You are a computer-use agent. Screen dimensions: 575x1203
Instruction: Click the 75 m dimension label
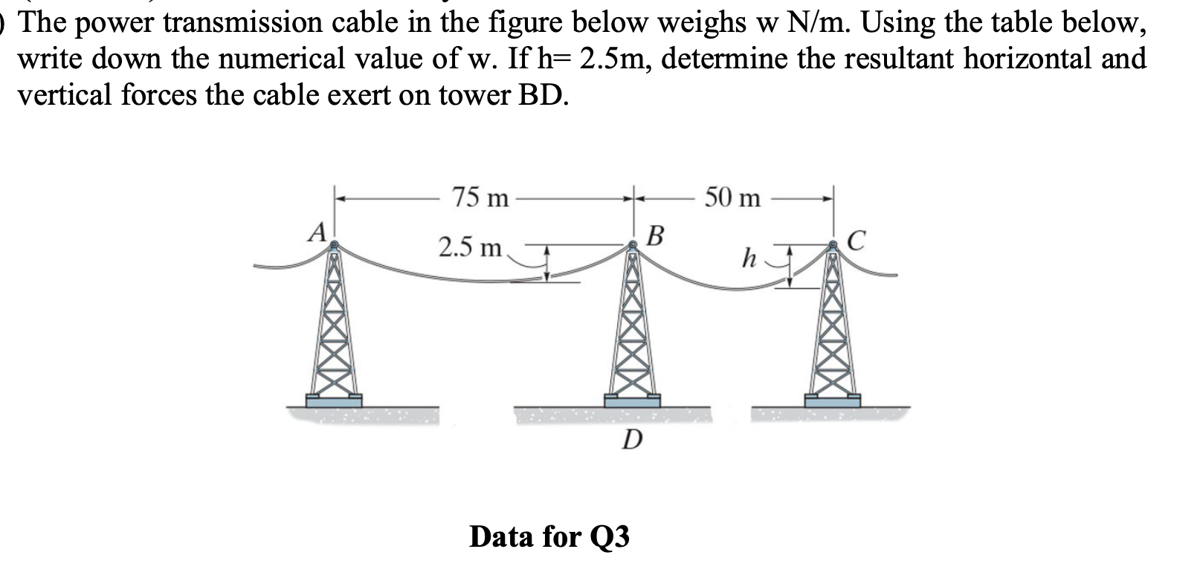481,198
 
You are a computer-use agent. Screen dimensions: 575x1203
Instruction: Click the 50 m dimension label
733,198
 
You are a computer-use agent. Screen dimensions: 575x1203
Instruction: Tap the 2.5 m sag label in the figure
470,247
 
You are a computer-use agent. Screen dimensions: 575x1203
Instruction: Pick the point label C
857,240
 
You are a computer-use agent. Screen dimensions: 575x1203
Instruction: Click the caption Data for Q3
549,536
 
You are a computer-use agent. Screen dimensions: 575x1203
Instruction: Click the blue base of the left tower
334,400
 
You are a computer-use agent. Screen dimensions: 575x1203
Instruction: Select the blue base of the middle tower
632,400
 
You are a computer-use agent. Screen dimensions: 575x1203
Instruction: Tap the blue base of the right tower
832,400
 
